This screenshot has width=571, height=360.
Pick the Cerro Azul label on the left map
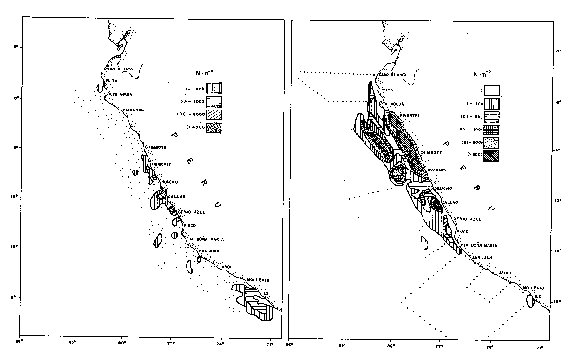click(184, 210)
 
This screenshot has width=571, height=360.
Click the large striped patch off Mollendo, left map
click(255, 300)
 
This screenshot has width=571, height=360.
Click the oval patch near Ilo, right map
click(528, 301)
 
